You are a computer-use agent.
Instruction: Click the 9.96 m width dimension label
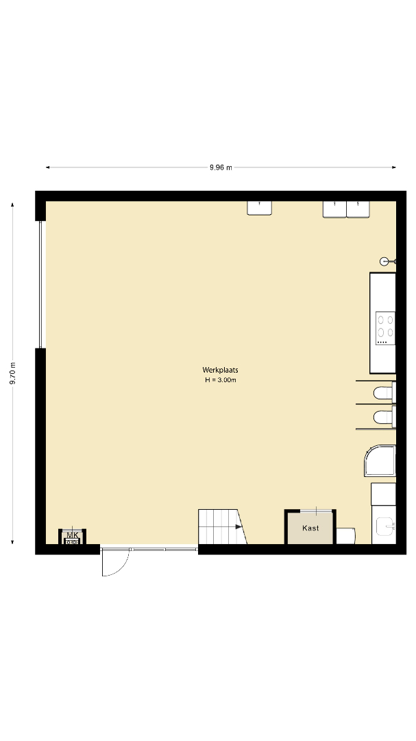click(x=221, y=167)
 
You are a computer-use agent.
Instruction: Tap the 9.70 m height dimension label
click(x=13, y=373)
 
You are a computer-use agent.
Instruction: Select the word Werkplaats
click(x=221, y=370)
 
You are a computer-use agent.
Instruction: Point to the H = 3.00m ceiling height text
click(x=221, y=380)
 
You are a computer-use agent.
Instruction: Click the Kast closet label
click(x=310, y=528)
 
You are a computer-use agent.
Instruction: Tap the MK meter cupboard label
click(x=72, y=535)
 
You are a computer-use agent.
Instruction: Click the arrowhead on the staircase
click(x=239, y=527)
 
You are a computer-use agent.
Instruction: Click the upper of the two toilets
click(x=383, y=392)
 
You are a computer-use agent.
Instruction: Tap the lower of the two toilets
click(x=383, y=417)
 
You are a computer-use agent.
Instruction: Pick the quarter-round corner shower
click(x=380, y=460)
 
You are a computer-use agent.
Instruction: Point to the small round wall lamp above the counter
click(x=385, y=261)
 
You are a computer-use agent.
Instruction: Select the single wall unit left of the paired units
click(x=259, y=208)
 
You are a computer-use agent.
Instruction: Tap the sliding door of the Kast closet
click(x=311, y=510)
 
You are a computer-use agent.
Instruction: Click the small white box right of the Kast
click(x=345, y=535)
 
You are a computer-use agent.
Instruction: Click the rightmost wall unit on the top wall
click(x=358, y=209)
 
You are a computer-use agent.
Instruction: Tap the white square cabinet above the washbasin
click(x=383, y=494)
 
